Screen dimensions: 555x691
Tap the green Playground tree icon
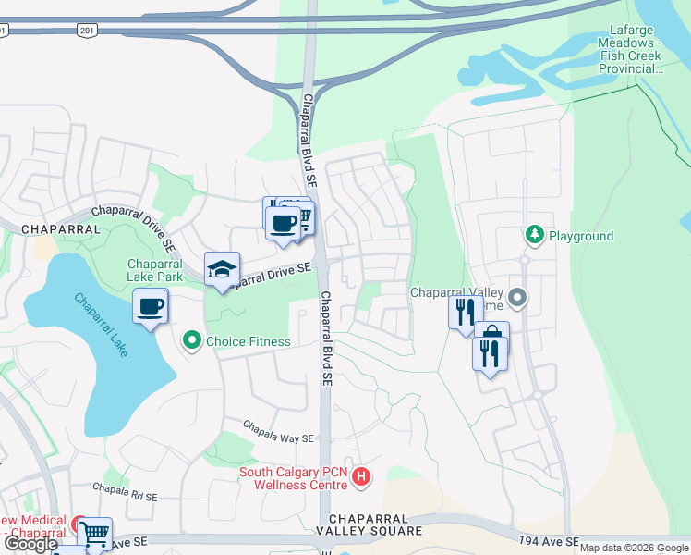coord(534,235)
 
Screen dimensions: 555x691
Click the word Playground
coord(581,236)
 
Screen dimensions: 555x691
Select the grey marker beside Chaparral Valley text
coord(517,299)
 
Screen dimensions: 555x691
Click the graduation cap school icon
coord(222,269)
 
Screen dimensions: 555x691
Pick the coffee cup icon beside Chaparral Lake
coord(151,306)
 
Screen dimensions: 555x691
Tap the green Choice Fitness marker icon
coord(192,341)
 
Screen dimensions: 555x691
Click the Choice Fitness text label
coord(248,341)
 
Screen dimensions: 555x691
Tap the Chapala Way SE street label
coord(279,431)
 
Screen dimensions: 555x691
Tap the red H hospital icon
coord(361,478)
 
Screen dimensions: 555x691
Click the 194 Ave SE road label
coord(549,540)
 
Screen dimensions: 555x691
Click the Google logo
coord(30,543)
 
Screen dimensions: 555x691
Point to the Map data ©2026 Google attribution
coord(634,548)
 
